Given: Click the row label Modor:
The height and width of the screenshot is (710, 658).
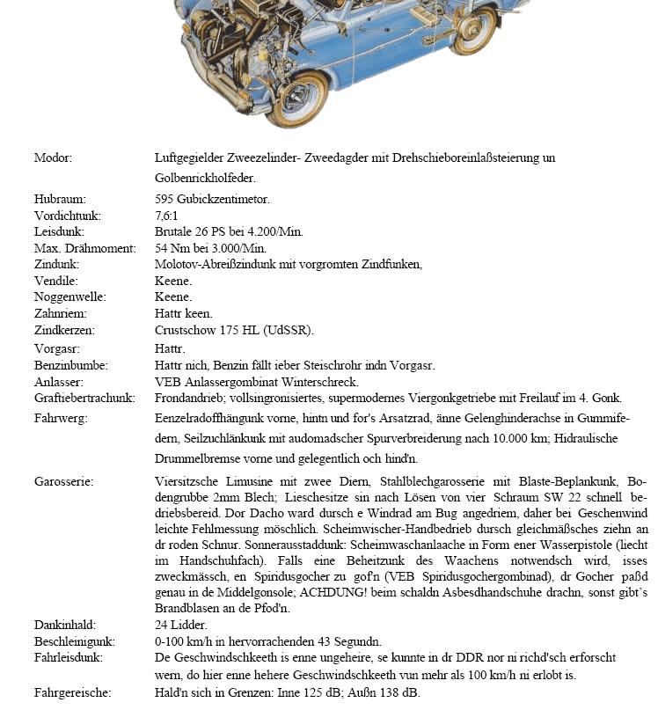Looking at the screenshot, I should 53,158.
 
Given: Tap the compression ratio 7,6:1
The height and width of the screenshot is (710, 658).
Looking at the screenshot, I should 167,216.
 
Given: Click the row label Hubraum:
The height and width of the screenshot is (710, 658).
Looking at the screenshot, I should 60,200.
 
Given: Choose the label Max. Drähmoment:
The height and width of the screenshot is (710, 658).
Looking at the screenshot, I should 84,248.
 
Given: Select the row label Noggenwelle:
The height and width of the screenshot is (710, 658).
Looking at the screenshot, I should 69,297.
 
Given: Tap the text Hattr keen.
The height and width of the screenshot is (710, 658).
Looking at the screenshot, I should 183,313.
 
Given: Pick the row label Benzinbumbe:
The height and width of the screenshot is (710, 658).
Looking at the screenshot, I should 70,365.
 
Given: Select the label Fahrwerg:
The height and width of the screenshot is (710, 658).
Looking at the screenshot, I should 60,418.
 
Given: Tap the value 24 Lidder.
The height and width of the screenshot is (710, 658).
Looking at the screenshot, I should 181,625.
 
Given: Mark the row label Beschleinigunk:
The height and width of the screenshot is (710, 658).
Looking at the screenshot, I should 75,641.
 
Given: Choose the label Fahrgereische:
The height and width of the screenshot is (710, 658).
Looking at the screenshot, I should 72,693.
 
